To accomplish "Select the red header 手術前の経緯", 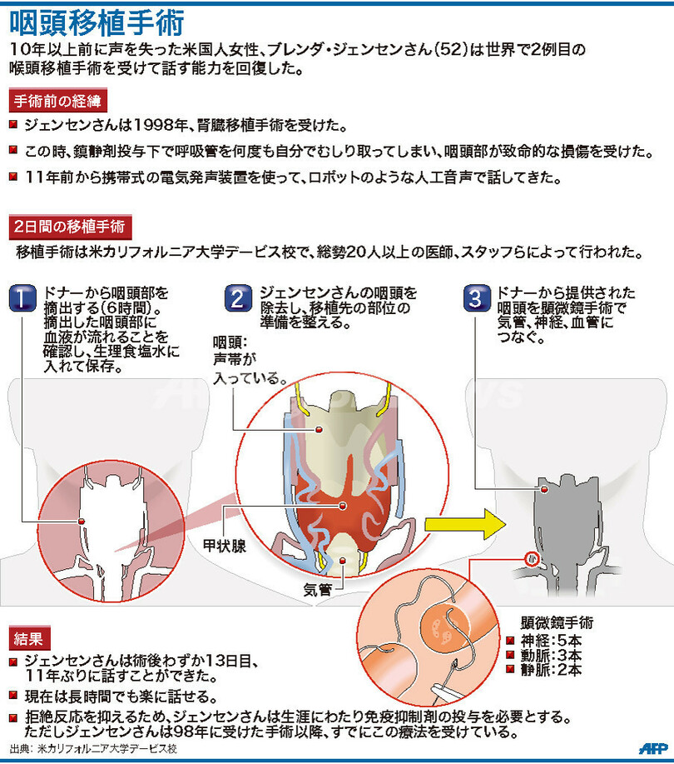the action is coord(58,101).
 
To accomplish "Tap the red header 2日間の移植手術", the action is coord(70,227).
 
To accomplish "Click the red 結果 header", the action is coord(29,638).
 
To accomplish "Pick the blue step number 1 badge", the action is coord(22,298).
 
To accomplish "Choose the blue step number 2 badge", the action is coord(238,298).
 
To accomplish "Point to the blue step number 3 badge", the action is coord(477,298).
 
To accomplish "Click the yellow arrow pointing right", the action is coord(465,524).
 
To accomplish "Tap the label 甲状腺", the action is coord(225,546).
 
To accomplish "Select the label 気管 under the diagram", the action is coord(318,590).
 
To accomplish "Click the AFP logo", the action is coord(652,748).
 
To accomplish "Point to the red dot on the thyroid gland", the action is coord(343,506).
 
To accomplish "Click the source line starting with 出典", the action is coord(93,749).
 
